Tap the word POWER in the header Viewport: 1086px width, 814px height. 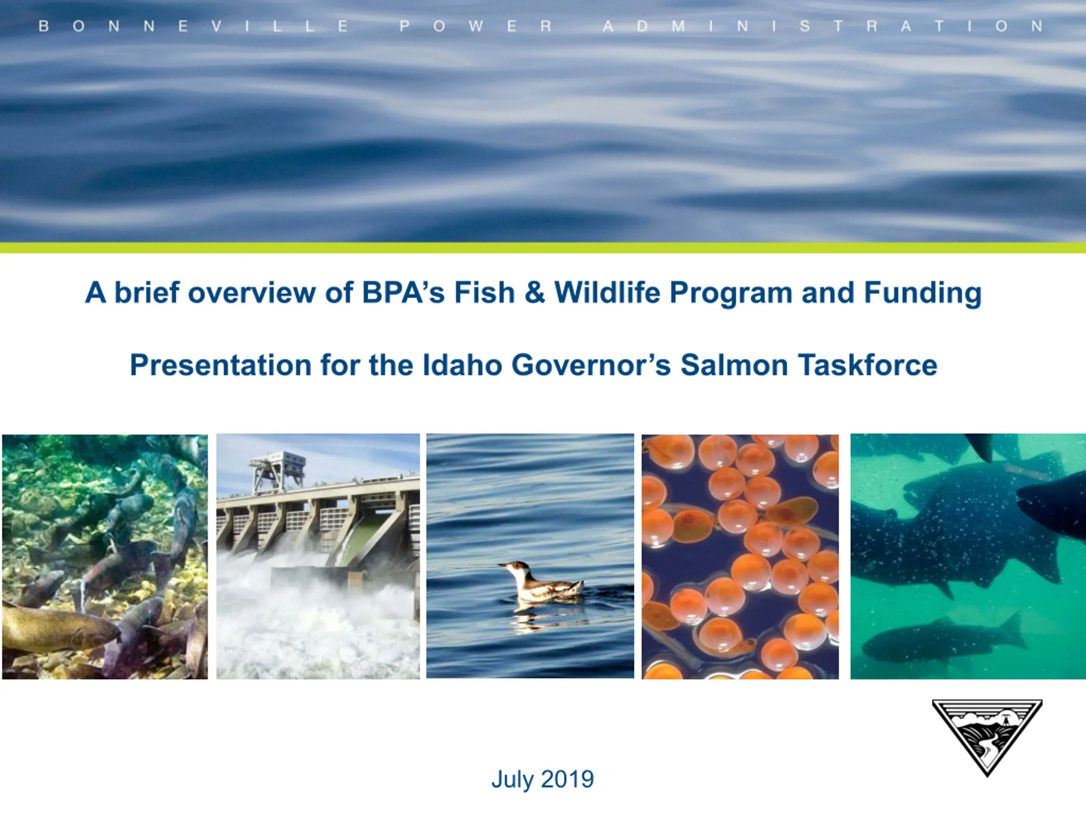[x=476, y=26]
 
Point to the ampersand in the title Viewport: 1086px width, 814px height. [x=535, y=293]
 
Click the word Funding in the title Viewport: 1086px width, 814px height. [x=923, y=293]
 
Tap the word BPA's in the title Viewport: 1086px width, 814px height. [x=403, y=293]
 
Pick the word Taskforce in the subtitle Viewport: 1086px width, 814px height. [x=868, y=365]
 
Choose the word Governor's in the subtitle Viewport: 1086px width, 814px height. [x=591, y=365]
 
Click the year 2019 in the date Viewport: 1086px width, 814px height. [x=568, y=779]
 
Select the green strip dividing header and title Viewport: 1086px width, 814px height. [x=543, y=248]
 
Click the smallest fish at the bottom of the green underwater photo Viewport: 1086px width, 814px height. [x=943, y=639]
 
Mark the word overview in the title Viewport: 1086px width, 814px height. [x=252, y=293]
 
